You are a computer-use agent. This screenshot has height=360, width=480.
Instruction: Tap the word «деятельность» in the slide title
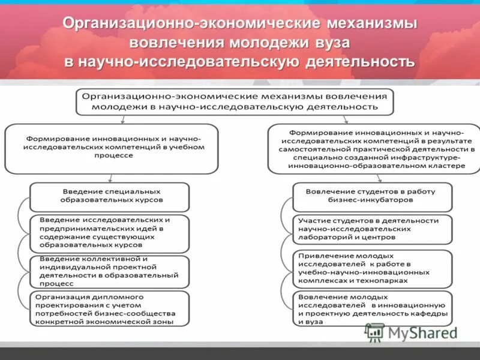tap(360, 62)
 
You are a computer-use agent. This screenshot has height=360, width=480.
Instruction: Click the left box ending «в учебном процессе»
tap(111, 147)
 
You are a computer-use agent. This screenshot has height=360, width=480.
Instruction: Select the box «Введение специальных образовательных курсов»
tap(110, 196)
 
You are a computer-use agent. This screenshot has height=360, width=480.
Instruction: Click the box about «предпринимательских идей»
tap(110, 233)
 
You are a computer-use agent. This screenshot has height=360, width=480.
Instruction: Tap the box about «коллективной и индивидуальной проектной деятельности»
tap(110, 271)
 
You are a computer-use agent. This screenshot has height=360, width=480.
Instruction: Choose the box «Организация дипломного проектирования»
tap(110, 308)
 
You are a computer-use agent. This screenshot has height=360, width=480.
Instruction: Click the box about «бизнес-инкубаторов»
tap(372, 196)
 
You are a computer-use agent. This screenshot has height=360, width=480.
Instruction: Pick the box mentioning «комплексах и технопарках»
tap(372, 268)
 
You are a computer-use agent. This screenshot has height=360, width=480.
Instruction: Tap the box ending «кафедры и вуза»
tap(372, 308)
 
